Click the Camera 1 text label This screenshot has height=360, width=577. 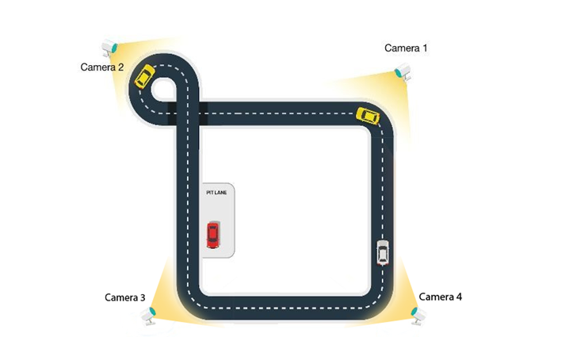(406, 48)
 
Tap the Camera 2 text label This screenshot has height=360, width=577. (102, 67)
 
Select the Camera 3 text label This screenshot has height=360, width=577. (124, 297)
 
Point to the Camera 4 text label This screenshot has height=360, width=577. (440, 297)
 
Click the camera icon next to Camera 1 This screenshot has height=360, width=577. (403, 71)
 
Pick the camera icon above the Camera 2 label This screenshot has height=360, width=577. (109, 47)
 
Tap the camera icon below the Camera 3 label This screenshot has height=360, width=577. (148, 316)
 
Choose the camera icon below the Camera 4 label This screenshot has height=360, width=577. (418, 316)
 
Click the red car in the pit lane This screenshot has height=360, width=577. (212, 235)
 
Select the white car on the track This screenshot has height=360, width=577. (383, 252)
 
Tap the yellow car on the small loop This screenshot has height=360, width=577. (144, 76)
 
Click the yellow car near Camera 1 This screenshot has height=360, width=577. (368, 117)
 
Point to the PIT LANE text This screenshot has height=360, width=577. (216, 193)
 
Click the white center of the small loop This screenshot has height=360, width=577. (163, 89)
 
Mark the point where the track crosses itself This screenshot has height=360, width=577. (188, 113)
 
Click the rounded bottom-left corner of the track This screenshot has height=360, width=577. (190, 304)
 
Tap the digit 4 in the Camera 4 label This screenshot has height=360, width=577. (459, 297)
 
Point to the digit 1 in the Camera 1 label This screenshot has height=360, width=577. (425, 48)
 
